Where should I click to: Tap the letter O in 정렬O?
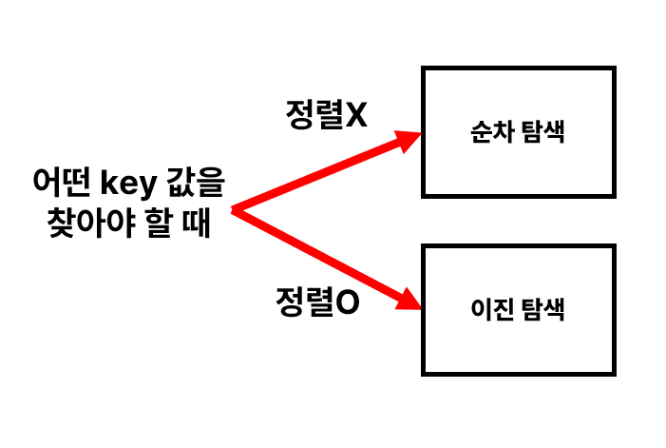348,304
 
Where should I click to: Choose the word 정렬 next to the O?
306,304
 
